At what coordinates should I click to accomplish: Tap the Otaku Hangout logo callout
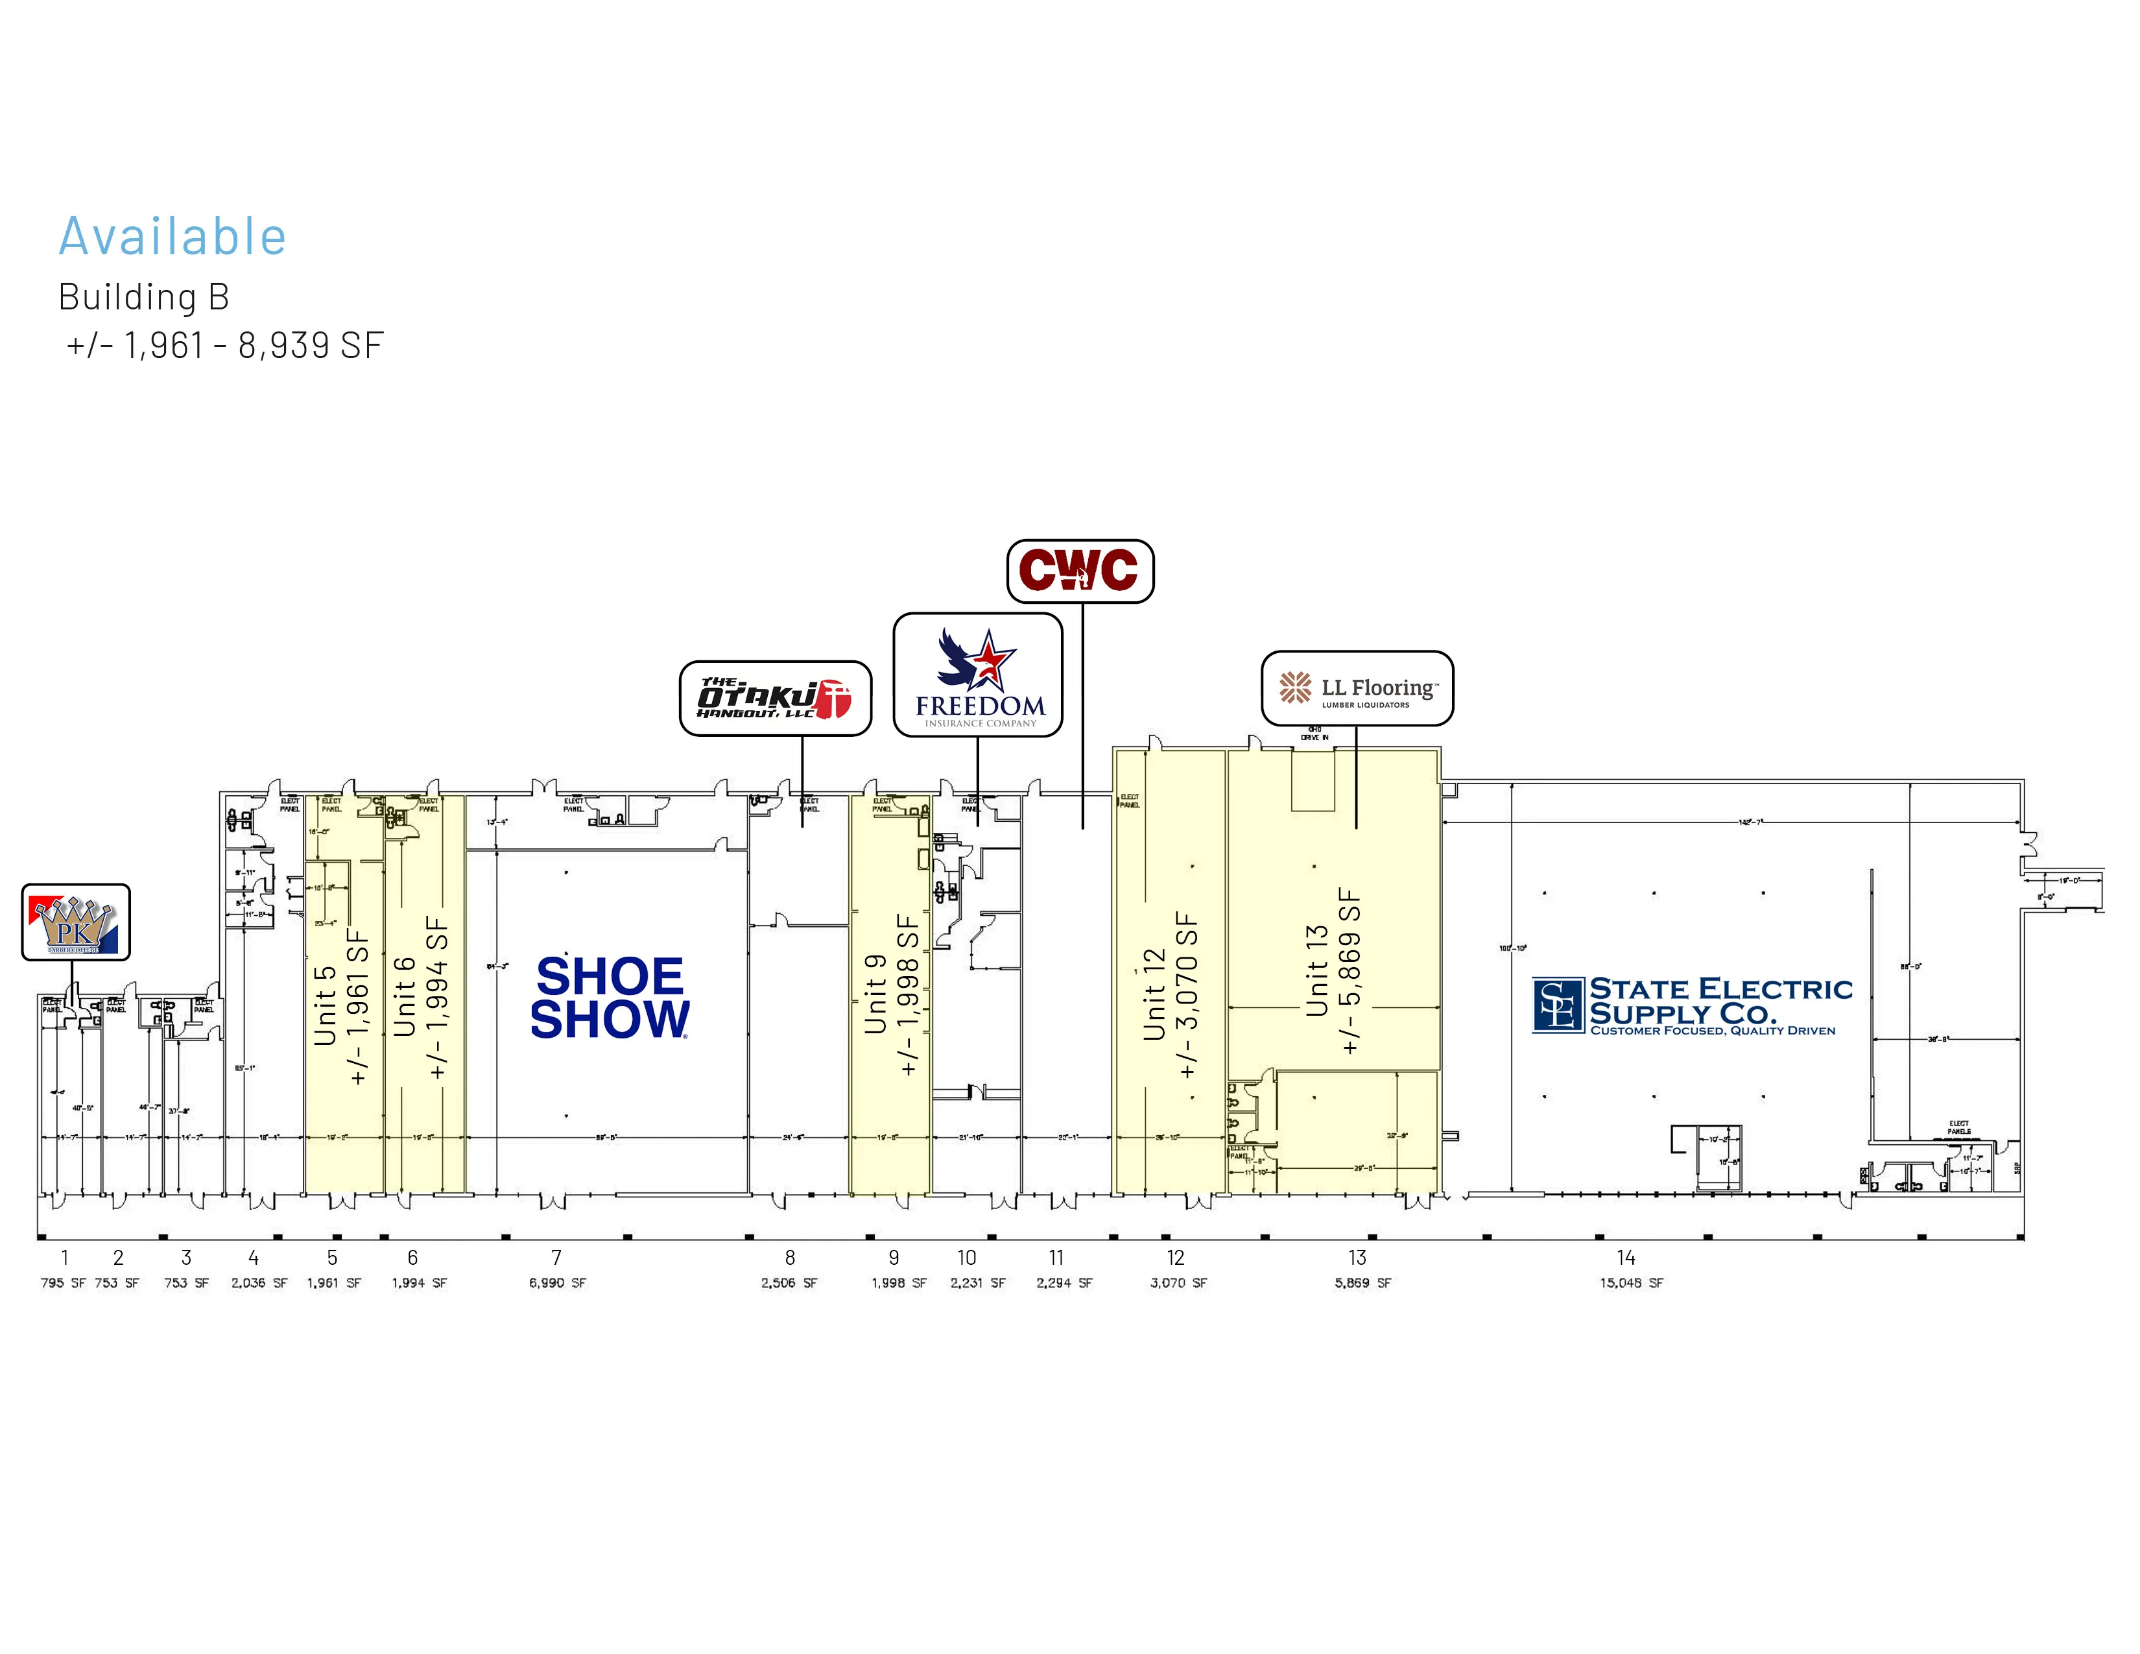[x=775, y=698]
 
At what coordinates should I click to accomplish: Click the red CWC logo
[x=1080, y=570]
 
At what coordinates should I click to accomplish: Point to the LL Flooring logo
[x=1357, y=688]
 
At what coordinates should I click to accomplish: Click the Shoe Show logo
[x=610, y=998]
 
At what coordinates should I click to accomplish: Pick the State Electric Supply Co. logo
[x=1692, y=1004]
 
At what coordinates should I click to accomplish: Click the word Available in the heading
[x=172, y=237]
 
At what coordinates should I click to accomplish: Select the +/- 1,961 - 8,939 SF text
[x=224, y=345]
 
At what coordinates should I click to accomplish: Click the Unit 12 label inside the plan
[x=1155, y=994]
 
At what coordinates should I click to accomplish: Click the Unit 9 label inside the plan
[x=875, y=994]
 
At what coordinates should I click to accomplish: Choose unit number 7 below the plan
[x=556, y=1257]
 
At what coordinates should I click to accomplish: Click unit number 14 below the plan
[x=1626, y=1257]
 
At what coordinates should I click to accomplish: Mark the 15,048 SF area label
[x=1632, y=1282]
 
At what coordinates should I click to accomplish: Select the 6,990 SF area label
[x=558, y=1282]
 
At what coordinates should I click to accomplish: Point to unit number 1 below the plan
[x=65, y=1257]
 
